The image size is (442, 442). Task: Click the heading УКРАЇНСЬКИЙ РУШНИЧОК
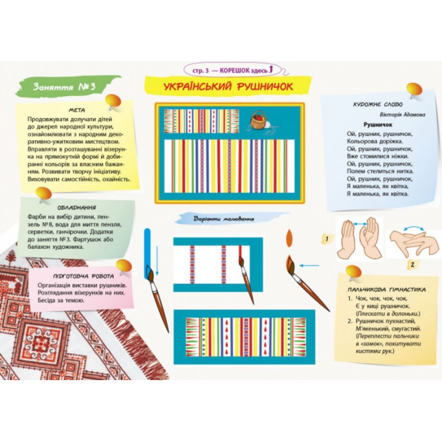pyautogui.click(x=228, y=87)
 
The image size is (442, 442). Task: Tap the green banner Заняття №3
pyautogui.click(x=64, y=87)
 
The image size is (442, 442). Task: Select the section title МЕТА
pyautogui.click(x=77, y=110)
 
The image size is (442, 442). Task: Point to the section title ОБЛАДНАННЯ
pyautogui.click(x=77, y=208)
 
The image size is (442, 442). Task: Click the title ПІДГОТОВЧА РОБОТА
pyautogui.click(x=83, y=276)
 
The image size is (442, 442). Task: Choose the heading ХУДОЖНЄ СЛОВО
pyautogui.click(x=378, y=104)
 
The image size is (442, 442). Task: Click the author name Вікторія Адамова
pyautogui.click(x=402, y=115)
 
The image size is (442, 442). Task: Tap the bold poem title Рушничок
pyautogui.click(x=378, y=125)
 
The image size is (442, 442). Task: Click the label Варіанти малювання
pyautogui.click(x=224, y=219)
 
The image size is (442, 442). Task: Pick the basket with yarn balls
pyautogui.click(x=259, y=120)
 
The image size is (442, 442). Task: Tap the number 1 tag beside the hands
pyautogui.click(x=327, y=239)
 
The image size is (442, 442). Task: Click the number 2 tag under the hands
pyautogui.click(x=413, y=265)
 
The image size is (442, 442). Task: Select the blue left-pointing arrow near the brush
pyautogui.click(x=309, y=265)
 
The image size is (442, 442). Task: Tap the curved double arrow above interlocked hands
pyautogui.click(x=413, y=228)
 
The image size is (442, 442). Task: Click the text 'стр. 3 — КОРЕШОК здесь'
pyautogui.click(x=230, y=71)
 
